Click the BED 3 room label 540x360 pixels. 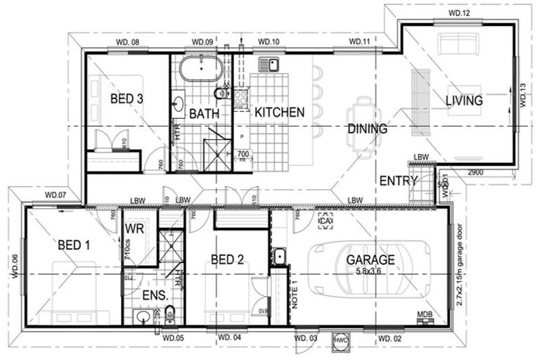tap(127, 99)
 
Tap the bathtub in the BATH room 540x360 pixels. tap(200, 72)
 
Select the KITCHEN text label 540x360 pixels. tap(279, 112)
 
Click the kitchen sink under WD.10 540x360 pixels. tap(269, 66)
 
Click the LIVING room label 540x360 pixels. tap(464, 101)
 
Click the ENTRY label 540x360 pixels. tap(399, 181)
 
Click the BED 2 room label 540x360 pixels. tap(226, 259)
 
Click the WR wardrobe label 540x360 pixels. tap(134, 230)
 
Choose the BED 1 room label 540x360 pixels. tap(74, 245)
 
